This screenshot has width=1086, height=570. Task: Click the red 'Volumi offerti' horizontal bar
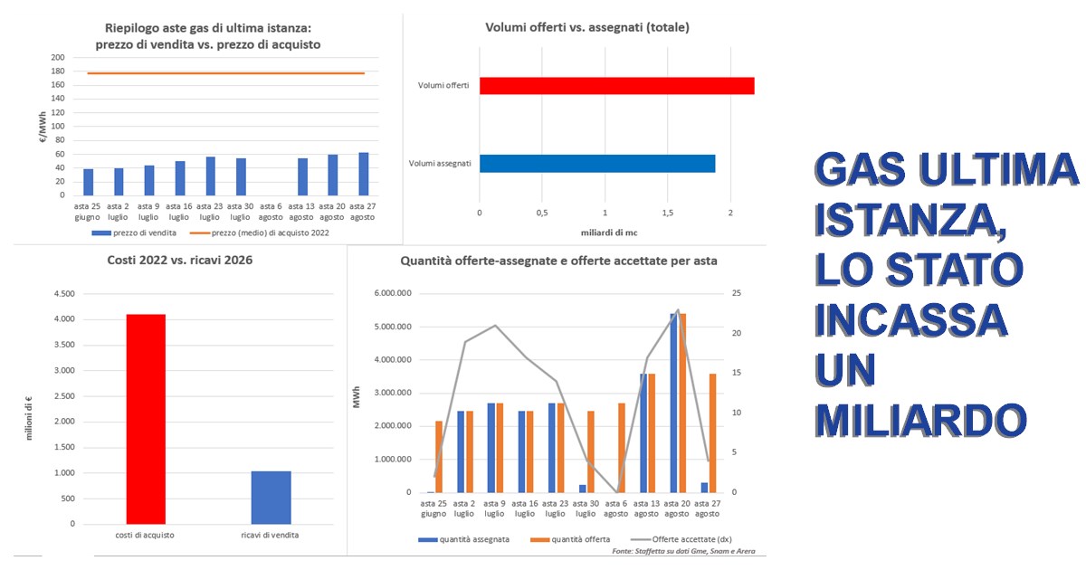tap(616, 86)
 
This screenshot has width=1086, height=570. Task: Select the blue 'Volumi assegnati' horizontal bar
tap(597, 164)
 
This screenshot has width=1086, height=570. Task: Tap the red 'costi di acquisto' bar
tap(146, 419)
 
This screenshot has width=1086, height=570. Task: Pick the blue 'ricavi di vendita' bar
tap(271, 498)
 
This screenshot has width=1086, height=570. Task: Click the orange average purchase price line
tap(226, 73)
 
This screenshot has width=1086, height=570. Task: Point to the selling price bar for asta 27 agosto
tap(364, 174)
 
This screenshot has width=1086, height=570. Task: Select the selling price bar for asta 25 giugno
tap(89, 182)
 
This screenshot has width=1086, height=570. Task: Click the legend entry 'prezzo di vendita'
tap(134, 233)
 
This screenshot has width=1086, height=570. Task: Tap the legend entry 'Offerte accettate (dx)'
tap(681, 539)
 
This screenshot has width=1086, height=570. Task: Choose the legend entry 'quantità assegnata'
tap(464, 539)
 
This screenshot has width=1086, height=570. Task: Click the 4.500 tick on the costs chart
tap(64, 294)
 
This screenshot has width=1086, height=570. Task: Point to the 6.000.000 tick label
tap(393, 293)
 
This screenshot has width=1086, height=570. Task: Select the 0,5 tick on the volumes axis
tap(542, 213)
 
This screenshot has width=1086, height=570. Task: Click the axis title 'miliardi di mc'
tap(609, 233)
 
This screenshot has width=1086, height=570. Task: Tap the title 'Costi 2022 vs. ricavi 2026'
tap(180, 261)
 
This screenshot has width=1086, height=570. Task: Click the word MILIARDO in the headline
tap(920, 420)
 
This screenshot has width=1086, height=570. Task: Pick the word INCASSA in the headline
tap(911, 320)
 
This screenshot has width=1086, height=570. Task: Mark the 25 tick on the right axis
tap(737, 293)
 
